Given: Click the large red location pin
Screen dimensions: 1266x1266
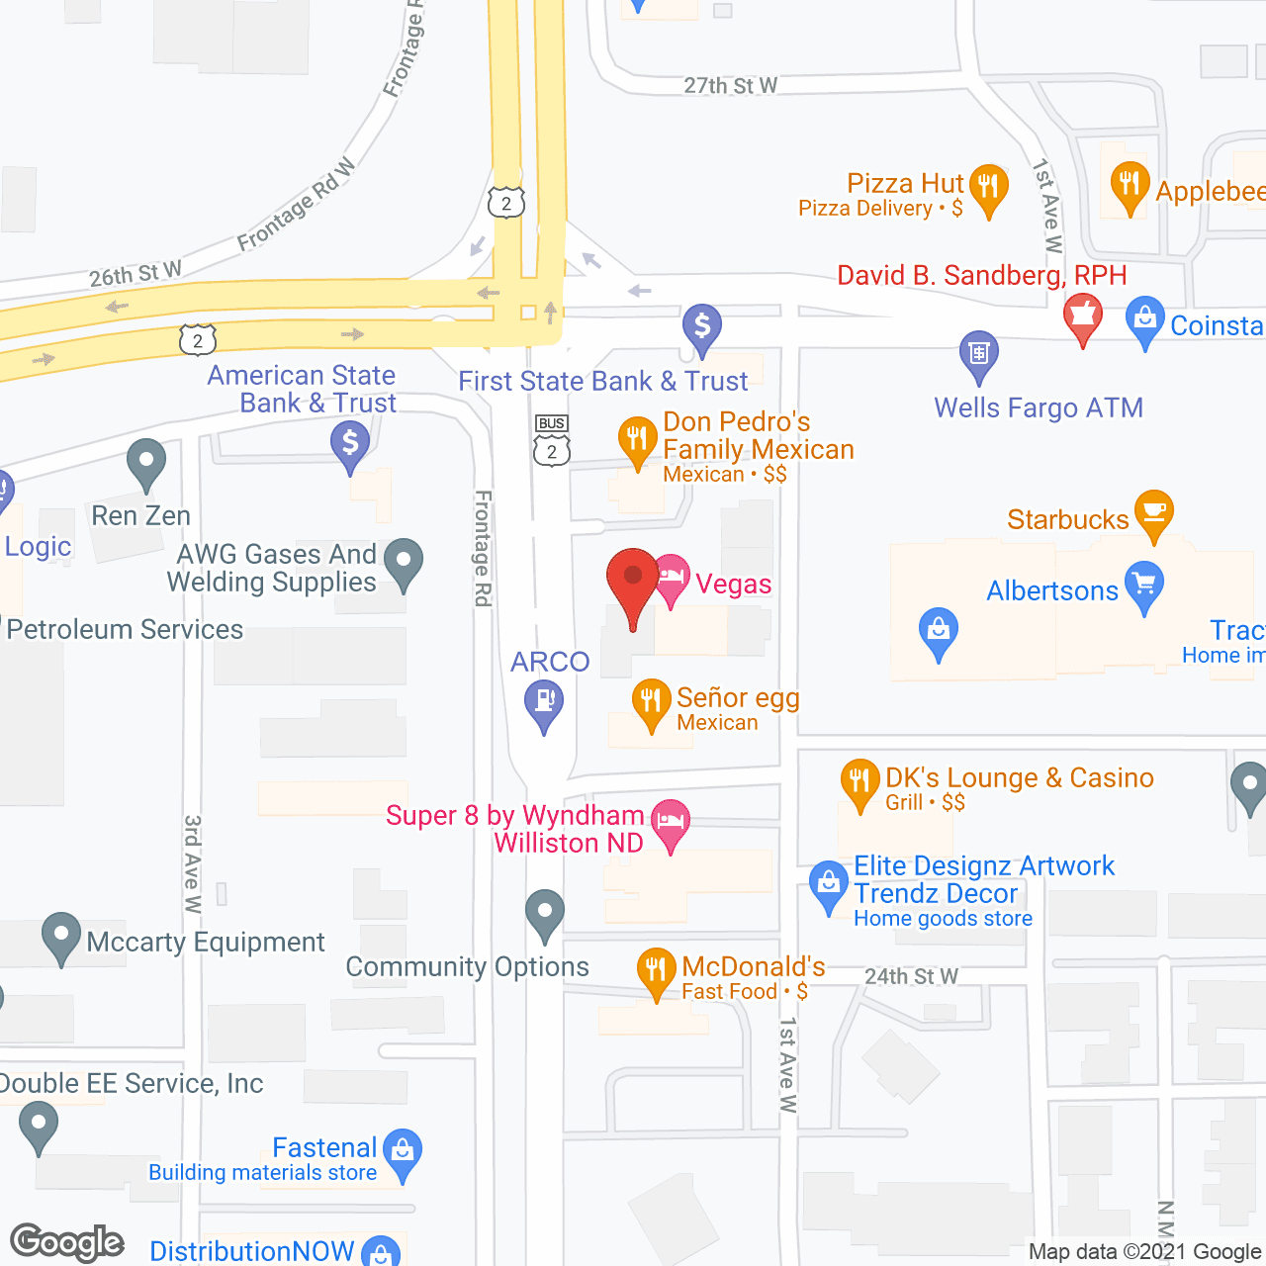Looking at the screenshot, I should point(632,580).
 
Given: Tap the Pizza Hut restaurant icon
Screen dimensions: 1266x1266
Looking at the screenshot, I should point(988,187).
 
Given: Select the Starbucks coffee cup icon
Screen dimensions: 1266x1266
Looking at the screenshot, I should point(1153,513).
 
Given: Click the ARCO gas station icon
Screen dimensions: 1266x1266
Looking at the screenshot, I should point(544,702).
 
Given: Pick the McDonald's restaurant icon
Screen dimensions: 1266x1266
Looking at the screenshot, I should point(656,969).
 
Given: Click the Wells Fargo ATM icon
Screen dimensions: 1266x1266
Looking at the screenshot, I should point(979,354).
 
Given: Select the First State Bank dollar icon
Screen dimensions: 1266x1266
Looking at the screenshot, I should point(702,326).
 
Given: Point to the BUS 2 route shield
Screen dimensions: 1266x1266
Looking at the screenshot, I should point(552,441).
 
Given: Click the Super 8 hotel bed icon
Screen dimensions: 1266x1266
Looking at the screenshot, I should point(671,822).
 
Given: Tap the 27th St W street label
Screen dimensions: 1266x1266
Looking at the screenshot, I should point(730,86).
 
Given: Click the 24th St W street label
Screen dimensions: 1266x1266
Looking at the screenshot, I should point(911,977).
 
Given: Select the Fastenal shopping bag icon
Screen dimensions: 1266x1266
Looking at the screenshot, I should point(402,1151).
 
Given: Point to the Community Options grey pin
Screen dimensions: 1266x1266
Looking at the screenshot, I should point(544,913).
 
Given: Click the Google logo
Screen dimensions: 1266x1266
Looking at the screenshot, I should point(67,1242).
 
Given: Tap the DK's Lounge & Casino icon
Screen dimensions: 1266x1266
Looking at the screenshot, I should point(859,782).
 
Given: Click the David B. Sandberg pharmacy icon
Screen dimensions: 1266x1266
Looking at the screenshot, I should point(1083,316).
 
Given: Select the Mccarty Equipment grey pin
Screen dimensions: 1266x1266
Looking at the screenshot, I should point(61,935).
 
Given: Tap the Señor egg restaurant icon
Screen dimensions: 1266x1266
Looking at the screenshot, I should point(651,702).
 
